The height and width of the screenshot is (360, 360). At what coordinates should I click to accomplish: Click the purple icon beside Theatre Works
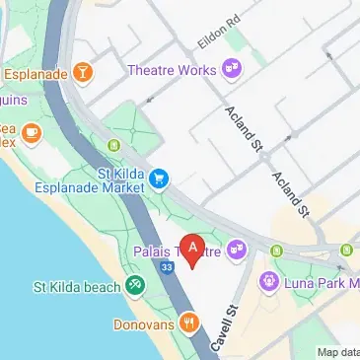(x=234, y=68)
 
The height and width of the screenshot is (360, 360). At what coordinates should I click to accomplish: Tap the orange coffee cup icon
(x=32, y=131)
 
